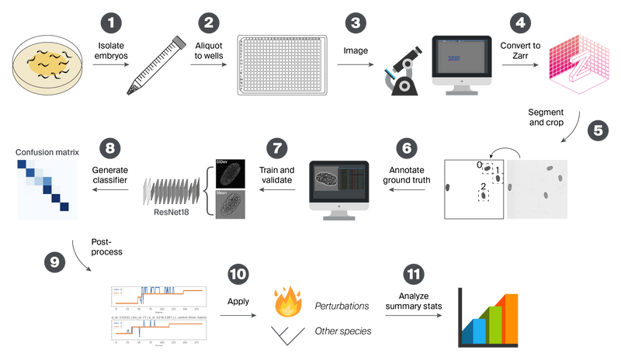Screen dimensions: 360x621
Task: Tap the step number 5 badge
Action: (x=598, y=130)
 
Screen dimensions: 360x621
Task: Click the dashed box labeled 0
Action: (x=487, y=168)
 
